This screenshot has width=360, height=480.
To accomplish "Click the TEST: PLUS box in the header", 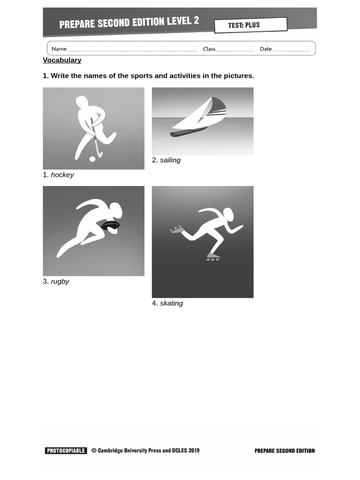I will coord(250,25).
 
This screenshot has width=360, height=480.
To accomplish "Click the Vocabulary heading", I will coord(62,60).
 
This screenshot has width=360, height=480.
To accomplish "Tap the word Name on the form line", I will coord(59,49).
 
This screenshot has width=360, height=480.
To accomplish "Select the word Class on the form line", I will coord(209,49).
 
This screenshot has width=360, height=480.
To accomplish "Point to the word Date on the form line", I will coord(266,49).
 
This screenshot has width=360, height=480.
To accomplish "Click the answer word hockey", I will coord(62,175).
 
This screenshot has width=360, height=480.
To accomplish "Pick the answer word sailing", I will coord(170,160).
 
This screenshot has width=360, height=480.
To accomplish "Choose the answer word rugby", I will coord(60,281).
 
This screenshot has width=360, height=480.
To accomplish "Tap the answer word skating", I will coord(172,303).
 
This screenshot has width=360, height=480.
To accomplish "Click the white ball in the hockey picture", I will coord(92,159).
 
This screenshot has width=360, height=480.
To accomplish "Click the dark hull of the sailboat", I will coord(187,132).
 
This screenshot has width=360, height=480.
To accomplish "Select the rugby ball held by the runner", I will coord(111,225).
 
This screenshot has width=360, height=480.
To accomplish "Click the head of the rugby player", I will coord(116,210).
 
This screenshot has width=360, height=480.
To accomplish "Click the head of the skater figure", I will coord(228,214).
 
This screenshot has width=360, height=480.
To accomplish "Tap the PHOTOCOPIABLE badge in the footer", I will coord(66,451).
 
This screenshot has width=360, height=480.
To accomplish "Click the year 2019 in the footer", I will coord(193,450).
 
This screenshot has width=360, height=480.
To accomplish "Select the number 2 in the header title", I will coord(196,21).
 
